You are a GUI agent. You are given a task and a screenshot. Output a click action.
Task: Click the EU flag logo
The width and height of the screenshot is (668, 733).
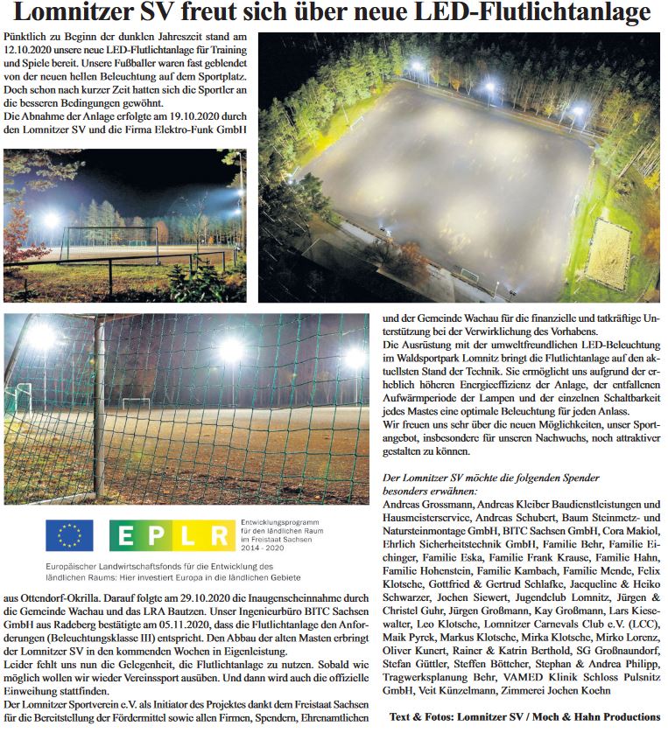(x=69, y=534)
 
